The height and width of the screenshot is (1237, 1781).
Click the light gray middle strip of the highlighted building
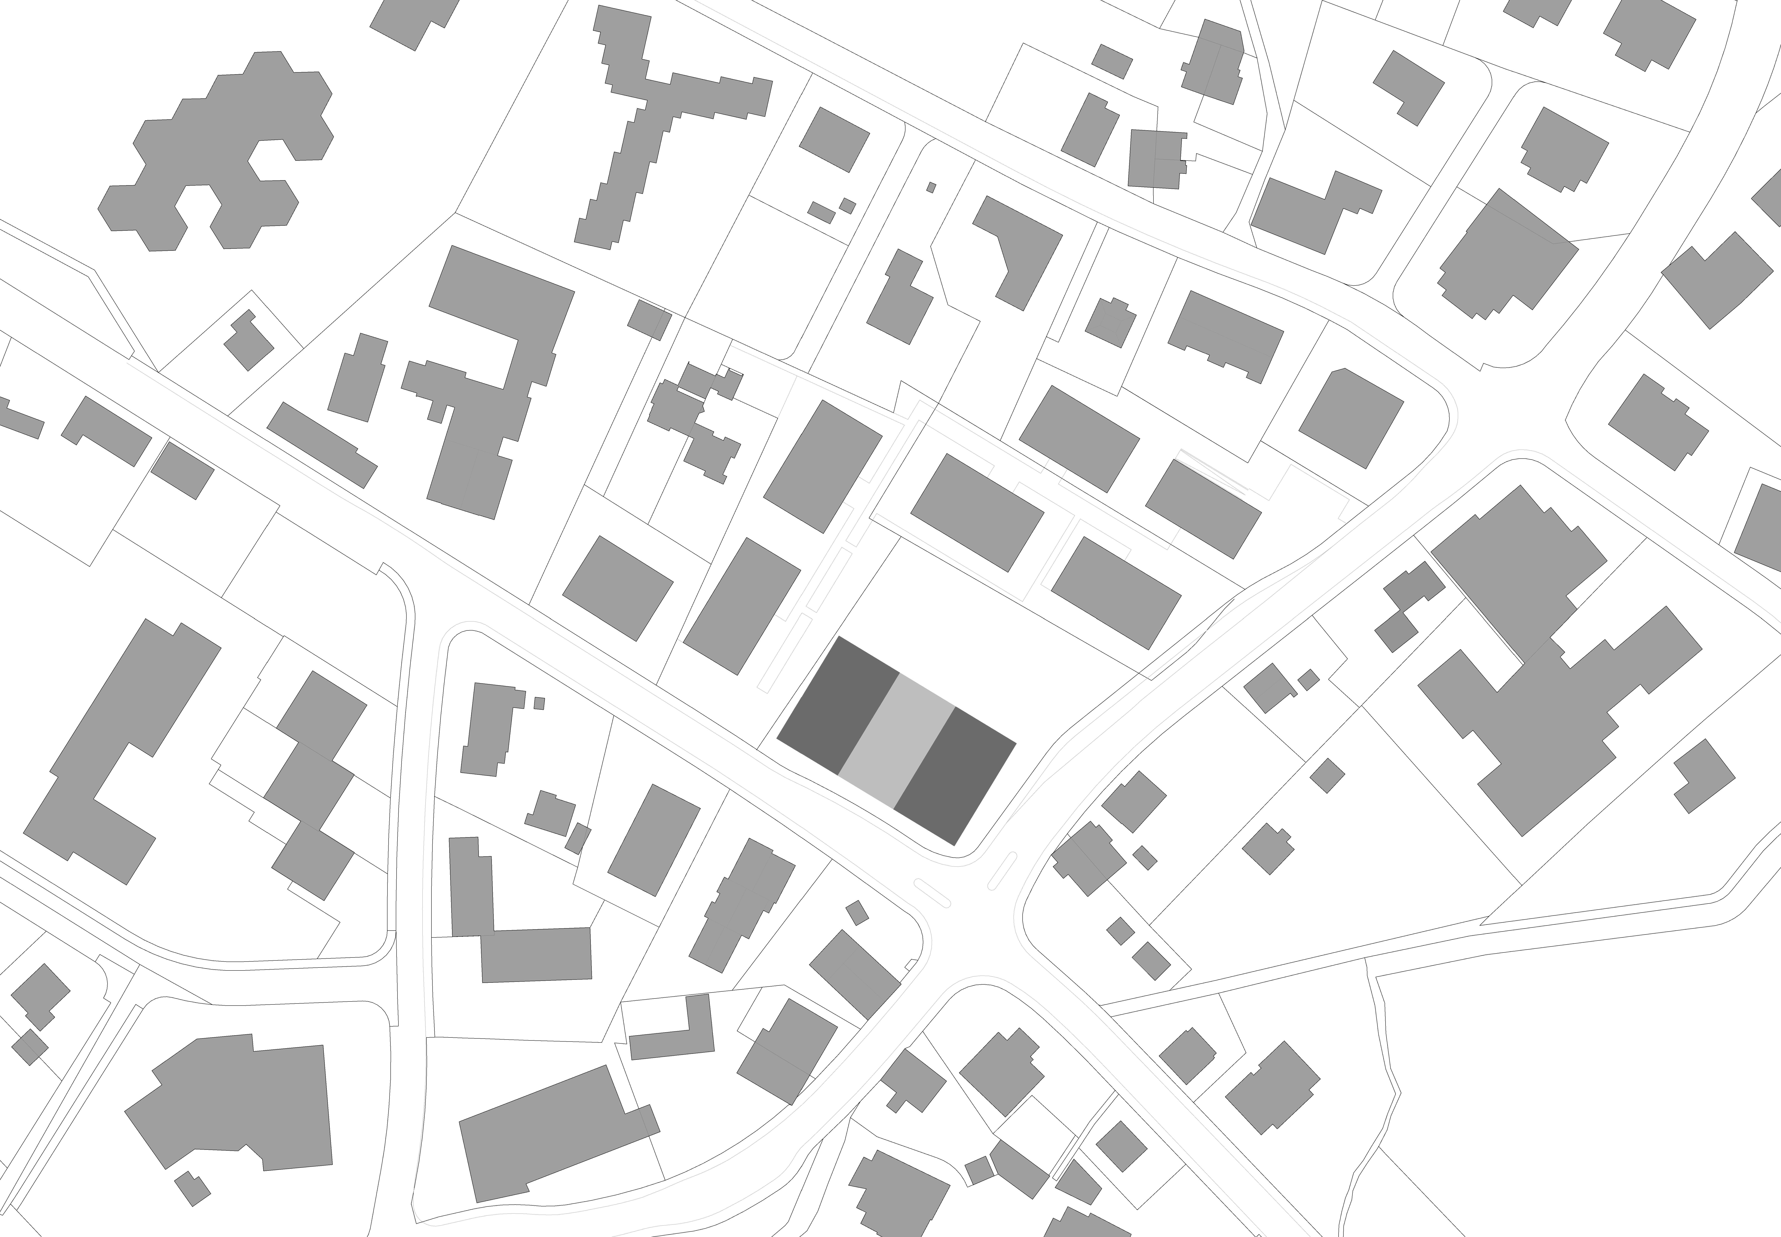pyautogui.click(x=897, y=740)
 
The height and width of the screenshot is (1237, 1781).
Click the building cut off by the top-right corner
pyautogui.click(x=1768, y=198)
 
